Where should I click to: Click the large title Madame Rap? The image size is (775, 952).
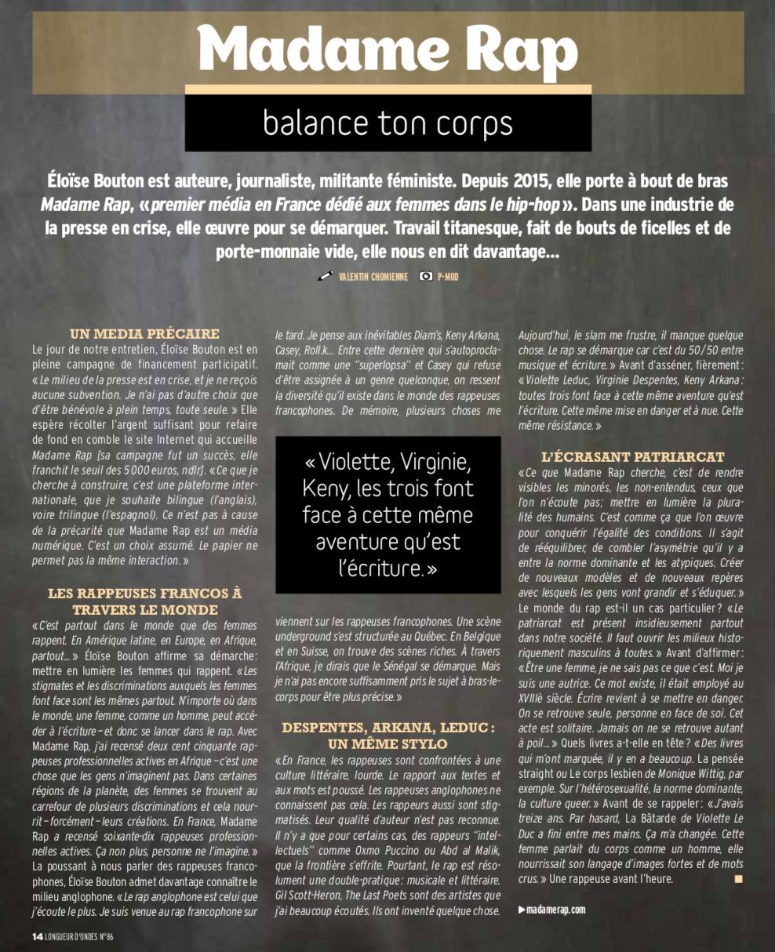(387, 48)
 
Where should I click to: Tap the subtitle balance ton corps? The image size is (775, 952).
(387, 122)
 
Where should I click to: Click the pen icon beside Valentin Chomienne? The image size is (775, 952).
(326, 276)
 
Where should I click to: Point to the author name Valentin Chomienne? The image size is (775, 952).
(373, 277)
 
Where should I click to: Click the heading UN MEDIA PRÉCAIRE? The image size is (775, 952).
(144, 333)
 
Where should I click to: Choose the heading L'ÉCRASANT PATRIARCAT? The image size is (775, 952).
(632, 456)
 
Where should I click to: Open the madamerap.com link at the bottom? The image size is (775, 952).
(556, 910)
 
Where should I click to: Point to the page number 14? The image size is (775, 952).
(36, 936)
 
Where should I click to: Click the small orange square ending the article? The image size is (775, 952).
(737, 879)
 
